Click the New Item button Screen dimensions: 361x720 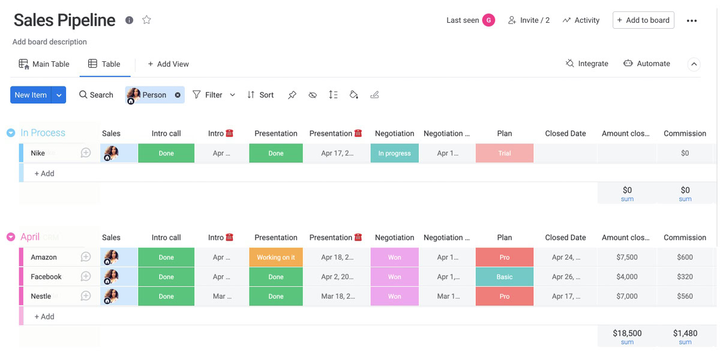pos(31,95)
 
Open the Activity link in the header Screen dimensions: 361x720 pos(581,20)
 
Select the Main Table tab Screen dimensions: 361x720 pos(44,64)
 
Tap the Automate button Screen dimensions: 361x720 pos(647,63)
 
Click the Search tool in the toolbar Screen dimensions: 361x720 pos(96,95)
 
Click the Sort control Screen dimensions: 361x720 pos(260,95)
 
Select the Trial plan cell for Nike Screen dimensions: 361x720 pos(505,153)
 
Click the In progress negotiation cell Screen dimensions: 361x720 pos(394,153)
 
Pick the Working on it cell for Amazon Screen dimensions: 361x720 pos(276,257)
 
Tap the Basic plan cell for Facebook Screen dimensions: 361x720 pos(505,277)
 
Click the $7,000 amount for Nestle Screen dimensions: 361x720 pos(626,296)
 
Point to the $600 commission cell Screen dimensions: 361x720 pos(685,257)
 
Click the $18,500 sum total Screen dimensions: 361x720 pos(627,333)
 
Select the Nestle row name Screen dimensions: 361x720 pos(41,296)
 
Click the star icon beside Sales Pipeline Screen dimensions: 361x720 pos(146,20)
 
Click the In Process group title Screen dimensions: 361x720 pos(43,133)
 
